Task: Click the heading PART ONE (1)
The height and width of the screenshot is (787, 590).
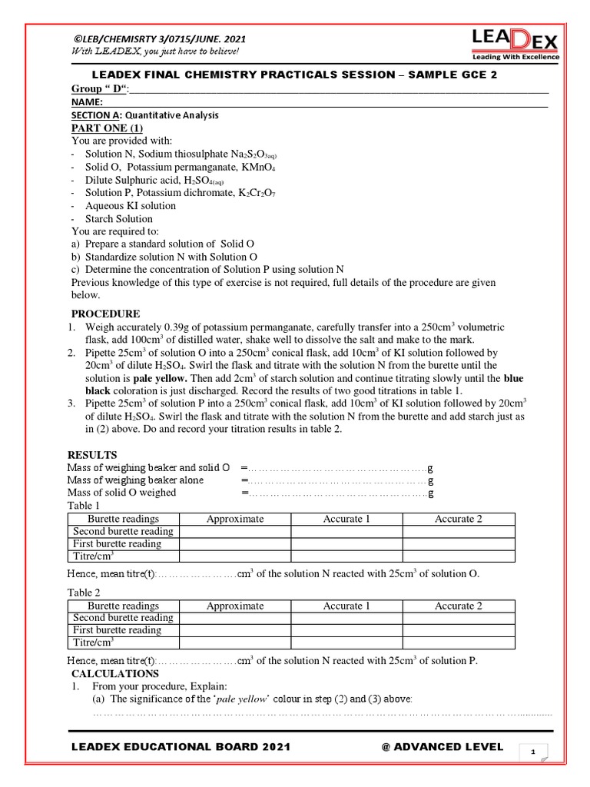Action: pos(107,128)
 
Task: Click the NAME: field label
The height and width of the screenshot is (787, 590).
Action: pos(88,101)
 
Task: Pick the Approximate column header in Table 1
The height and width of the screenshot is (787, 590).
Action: pos(234,520)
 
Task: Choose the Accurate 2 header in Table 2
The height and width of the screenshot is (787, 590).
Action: pos(458,606)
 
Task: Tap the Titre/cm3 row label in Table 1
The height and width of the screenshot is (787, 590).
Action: pos(93,556)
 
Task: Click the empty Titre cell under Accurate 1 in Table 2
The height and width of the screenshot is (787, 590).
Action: pos(346,643)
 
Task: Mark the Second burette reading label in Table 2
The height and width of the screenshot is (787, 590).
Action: pos(123,617)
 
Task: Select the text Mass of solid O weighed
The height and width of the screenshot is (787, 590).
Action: pos(121,493)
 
